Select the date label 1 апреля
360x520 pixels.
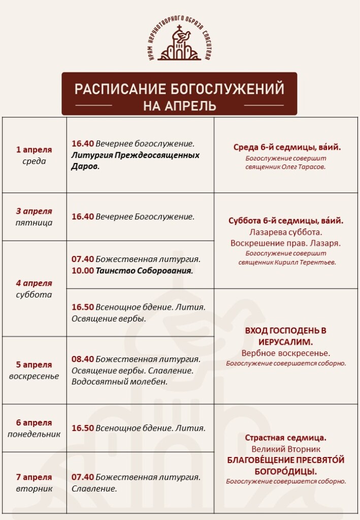(x=34, y=150)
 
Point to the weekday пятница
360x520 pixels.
(x=34, y=222)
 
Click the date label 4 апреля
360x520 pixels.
(x=34, y=283)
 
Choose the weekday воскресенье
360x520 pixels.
(x=34, y=376)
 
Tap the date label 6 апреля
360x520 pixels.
(x=34, y=422)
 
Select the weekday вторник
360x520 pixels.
(x=34, y=489)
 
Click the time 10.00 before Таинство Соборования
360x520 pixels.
(x=83, y=271)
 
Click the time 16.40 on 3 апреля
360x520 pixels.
(x=83, y=217)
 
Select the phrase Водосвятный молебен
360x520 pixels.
(x=120, y=382)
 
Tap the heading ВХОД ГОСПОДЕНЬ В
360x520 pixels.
(x=286, y=331)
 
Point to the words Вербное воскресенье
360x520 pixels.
(x=286, y=353)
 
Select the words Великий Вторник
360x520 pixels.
(x=286, y=449)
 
